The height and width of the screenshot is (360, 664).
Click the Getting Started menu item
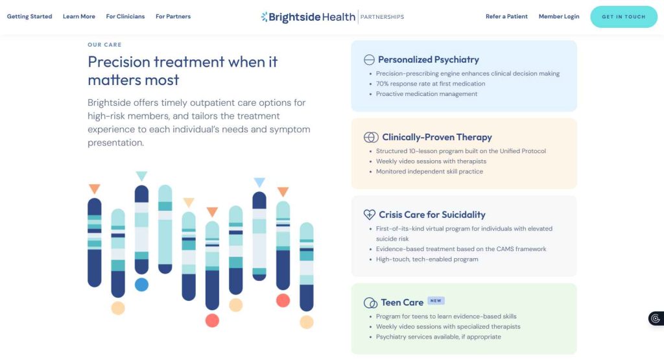pyautogui.click(x=30, y=16)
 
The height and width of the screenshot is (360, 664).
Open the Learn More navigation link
pyautogui.click(x=79, y=16)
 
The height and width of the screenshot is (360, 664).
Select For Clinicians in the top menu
pyautogui.click(x=125, y=16)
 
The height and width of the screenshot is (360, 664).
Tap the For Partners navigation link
pyautogui.click(x=173, y=16)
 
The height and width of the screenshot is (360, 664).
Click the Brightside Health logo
pyautogui.click(x=308, y=17)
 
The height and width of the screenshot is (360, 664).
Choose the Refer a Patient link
pyautogui.click(x=506, y=16)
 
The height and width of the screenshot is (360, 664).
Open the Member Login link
pyautogui.click(x=559, y=16)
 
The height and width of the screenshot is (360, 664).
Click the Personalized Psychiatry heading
pyautogui.click(x=429, y=60)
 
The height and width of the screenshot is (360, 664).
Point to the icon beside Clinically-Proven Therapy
pyautogui.click(x=371, y=138)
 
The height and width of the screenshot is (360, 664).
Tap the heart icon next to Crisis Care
pyautogui.click(x=369, y=215)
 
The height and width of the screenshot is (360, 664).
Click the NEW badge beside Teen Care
pyautogui.click(x=436, y=301)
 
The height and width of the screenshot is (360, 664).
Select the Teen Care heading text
pyautogui.click(x=402, y=302)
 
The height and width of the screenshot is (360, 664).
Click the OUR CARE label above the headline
pyautogui.click(x=104, y=45)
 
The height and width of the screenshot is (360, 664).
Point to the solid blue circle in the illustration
pyautogui.click(x=141, y=285)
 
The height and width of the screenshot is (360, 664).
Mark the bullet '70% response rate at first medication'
pyautogui.click(x=431, y=84)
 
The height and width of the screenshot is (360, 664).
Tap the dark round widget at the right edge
pyautogui.click(x=656, y=318)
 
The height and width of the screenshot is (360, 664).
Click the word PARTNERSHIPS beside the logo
pyautogui.click(x=382, y=17)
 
